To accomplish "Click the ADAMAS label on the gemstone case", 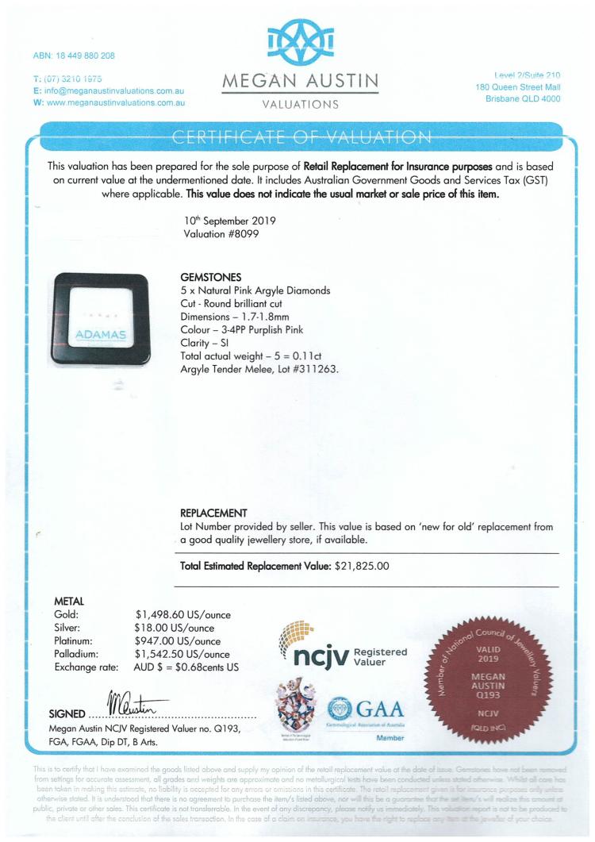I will coord(101,336).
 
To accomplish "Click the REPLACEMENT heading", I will coord(214,513).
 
